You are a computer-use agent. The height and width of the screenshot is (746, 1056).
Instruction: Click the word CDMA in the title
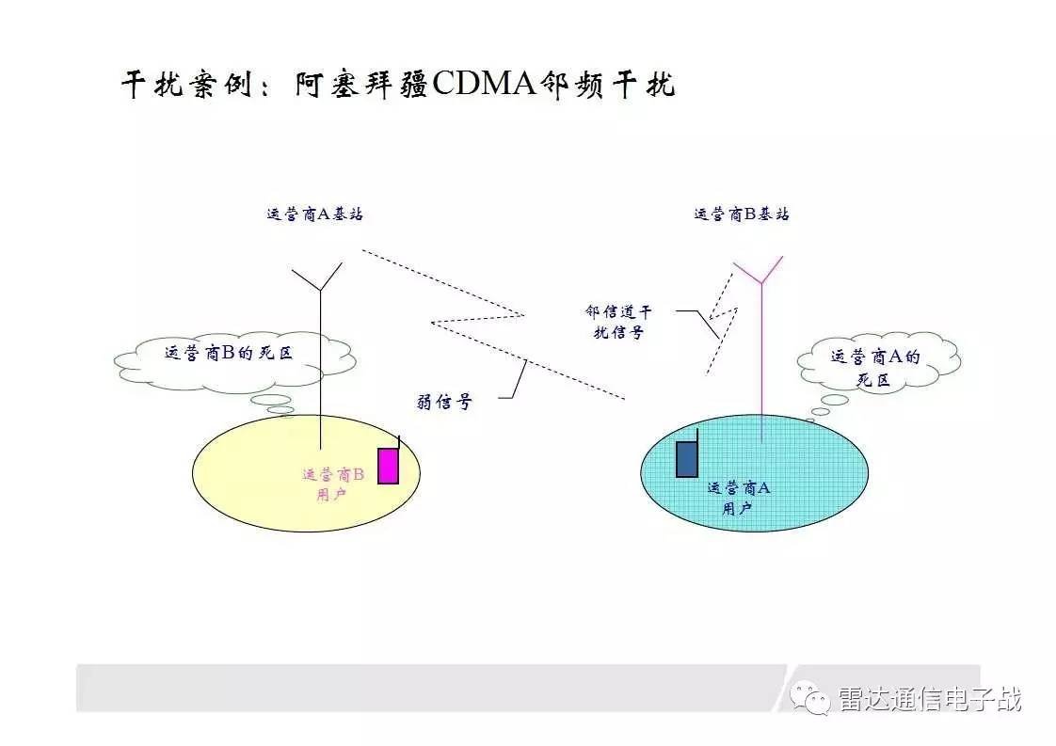(484, 84)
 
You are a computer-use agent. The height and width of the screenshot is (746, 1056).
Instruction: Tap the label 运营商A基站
(314, 214)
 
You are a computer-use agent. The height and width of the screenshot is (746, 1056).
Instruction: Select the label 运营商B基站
(742, 214)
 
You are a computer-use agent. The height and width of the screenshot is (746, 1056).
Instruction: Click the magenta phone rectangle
(388, 466)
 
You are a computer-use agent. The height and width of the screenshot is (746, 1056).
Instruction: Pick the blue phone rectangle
(687, 459)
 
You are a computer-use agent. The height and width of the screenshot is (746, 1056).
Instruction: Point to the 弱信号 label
(444, 402)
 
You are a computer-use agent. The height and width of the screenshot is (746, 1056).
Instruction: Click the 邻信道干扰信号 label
(618, 322)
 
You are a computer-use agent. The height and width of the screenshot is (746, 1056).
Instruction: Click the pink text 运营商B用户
(332, 484)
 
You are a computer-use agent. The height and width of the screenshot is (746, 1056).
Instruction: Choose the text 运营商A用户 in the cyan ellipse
(738, 499)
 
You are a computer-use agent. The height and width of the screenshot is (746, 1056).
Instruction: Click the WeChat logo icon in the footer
(810, 698)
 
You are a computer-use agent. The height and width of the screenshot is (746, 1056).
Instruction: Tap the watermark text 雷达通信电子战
(930, 699)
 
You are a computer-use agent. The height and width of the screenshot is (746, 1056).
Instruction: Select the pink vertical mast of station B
(761, 362)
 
